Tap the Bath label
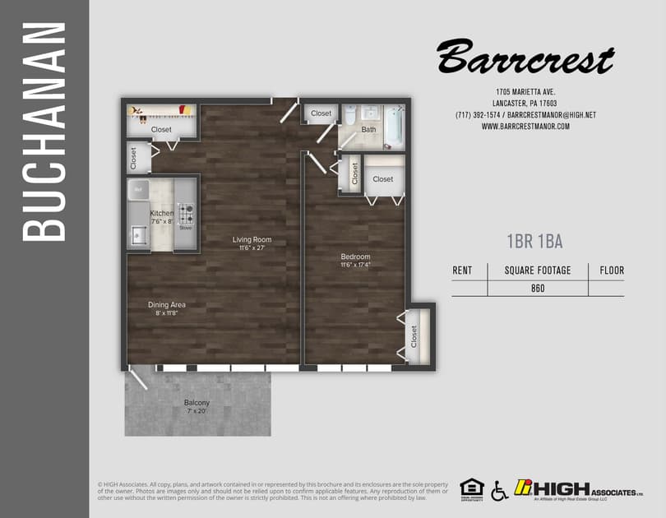pos(368,129)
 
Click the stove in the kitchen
pos(187,214)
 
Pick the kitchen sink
pos(136,237)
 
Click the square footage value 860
pos(538,288)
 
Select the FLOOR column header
pos(611,270)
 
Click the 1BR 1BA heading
pos(534,241)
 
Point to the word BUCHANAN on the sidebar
pos(44,132)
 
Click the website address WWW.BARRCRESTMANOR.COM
pos(525,127)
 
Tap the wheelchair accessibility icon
pos(499,491)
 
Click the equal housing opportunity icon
pos(471,488)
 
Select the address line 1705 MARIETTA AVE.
pos(525,91)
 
